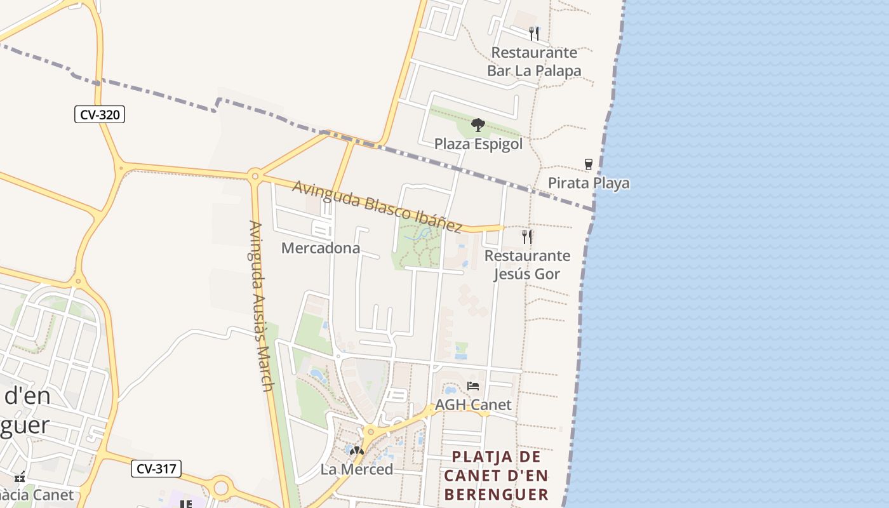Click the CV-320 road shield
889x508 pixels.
(100, 115)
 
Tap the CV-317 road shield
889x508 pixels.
(156, 469)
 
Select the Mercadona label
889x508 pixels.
(320, 248)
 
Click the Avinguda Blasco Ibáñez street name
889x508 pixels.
(377, 206)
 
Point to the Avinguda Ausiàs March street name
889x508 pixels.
(262, 306)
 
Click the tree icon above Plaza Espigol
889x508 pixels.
(478, 125)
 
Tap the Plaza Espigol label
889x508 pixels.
(478, 144)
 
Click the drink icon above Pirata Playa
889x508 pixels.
(589, 164)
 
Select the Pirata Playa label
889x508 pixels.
(589, 184)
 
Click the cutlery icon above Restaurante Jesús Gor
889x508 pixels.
(527, 237)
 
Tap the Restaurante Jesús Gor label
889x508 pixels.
(527, 265)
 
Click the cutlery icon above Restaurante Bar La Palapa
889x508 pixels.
(534, 33)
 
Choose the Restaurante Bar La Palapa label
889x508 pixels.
(534, 62)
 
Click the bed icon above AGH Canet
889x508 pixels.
(472, 386)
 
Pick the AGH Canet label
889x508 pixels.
(472, 405)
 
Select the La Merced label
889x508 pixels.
(357, 469)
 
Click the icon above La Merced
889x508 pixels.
(357, 451)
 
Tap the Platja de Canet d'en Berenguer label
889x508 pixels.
(496, 476)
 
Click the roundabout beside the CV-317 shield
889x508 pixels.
(220, 488)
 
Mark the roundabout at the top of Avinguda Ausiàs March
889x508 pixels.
(255, 175)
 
